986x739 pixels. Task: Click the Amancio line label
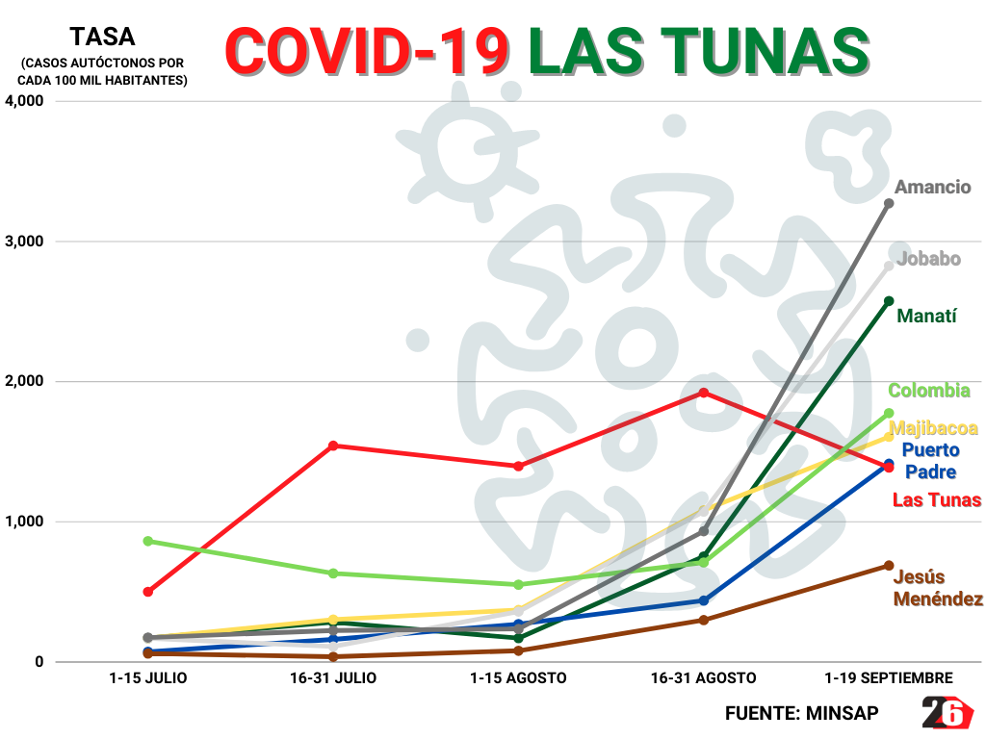932,188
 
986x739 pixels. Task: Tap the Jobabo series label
928,259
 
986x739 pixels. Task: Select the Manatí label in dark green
926,316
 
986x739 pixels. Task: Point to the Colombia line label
928,391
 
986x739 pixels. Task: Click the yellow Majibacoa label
934,429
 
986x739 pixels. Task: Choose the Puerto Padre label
930,461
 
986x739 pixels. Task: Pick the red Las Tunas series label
937,500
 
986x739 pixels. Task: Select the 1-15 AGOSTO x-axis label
518,678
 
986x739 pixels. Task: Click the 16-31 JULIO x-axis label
333,678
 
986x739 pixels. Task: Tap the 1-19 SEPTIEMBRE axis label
889,678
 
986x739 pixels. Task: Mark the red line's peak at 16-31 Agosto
704,393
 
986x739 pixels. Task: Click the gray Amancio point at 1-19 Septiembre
889,203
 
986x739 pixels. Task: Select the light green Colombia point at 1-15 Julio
148,541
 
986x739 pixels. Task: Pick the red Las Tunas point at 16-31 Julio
333,446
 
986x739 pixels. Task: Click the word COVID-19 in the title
367,50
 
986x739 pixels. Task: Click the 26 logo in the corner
947,713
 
